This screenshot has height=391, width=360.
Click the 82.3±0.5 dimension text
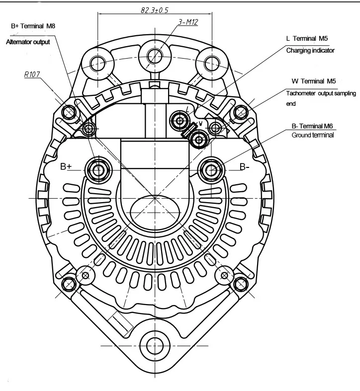[155, 9]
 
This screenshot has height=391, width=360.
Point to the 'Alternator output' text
[28, 42]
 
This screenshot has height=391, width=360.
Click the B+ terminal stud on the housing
[96, 170]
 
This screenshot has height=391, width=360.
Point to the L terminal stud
[179, 119]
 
